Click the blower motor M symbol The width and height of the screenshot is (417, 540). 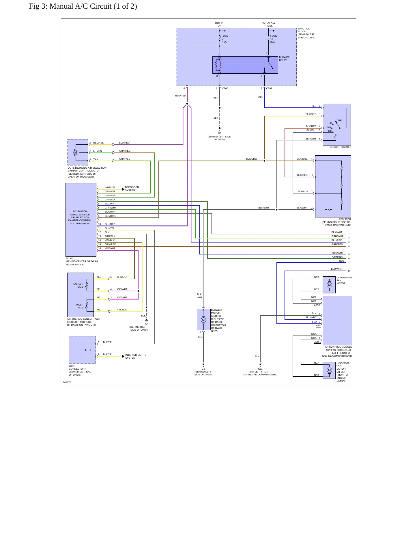[203, 320]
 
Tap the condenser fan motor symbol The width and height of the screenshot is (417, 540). [329, 285]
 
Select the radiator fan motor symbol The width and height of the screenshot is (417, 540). [329, 370]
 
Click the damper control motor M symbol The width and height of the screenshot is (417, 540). [76, 152]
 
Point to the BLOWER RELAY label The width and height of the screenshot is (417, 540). [284, 59]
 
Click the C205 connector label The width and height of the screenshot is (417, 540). [225, 88]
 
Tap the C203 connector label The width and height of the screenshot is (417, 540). [269, 88]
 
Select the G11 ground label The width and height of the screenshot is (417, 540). [260, 369]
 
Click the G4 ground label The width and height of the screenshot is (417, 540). [147, 324]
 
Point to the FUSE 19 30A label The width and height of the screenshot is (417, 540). [273, 39]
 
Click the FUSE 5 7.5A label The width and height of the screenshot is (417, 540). [225, 39]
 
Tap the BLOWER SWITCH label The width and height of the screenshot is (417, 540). [340, 147]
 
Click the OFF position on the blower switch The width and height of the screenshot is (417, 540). [339, 120]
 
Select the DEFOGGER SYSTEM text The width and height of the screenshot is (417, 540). [132, 189]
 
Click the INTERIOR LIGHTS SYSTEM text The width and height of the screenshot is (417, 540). [136, 356]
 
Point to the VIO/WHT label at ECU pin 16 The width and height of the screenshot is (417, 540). [110, 248]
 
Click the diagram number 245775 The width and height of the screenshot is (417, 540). [67, 382]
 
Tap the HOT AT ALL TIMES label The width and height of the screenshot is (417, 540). [268, 24]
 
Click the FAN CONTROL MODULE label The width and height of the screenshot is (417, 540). [338, 347]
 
